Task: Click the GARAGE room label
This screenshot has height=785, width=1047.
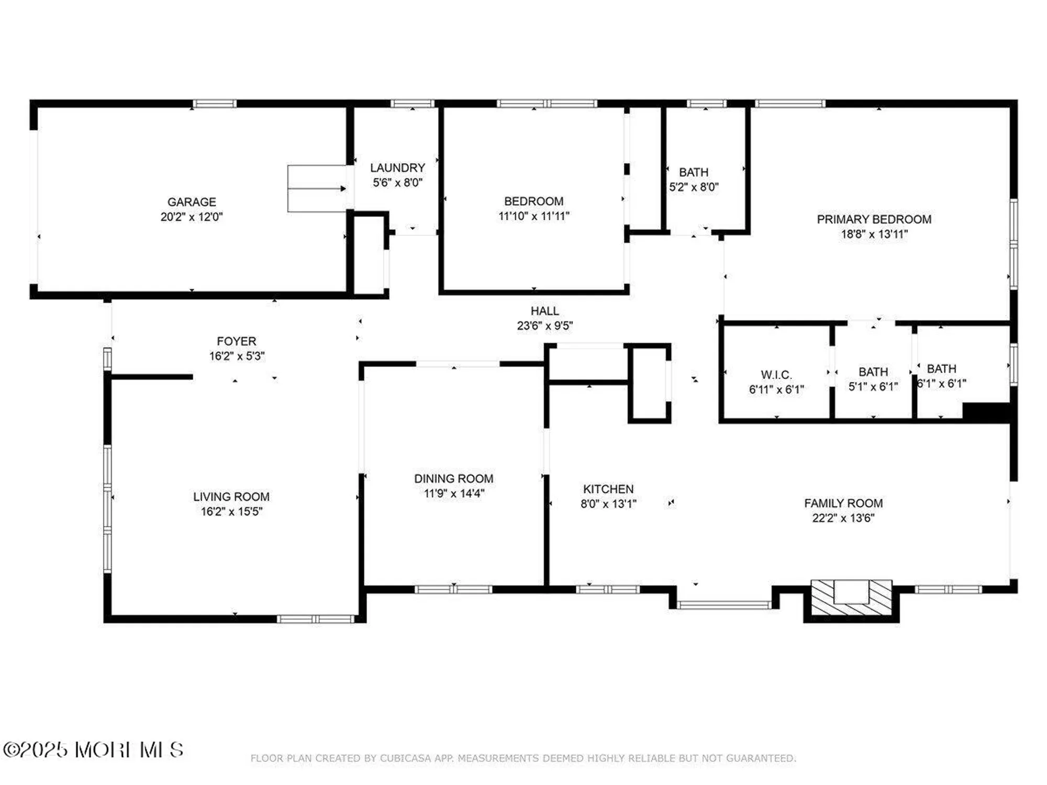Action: [x=192, y=202]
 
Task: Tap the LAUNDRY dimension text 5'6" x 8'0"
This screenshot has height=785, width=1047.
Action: [x=397, y=183]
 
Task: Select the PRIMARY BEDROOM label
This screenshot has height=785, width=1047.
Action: [x=874, y=219]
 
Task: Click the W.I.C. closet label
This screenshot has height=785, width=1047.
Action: [x=776, y=375]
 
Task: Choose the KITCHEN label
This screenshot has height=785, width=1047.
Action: [x=608, y=489]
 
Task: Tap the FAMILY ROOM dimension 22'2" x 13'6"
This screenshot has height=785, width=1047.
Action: [x=843, y=518]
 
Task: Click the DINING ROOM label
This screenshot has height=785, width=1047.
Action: [x=453, y=478]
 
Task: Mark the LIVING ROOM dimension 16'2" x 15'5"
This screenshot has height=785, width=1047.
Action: [x=231, y=511]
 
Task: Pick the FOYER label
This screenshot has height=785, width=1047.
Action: [x=237, y=341]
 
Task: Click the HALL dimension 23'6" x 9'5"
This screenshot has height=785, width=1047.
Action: [x=544, y=326]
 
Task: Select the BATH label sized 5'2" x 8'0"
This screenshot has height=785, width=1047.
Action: [x=694, y=172]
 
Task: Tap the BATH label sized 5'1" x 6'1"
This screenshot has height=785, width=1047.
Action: [x=873, y=372]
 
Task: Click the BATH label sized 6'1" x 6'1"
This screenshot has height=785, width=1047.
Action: [x=941, y=369]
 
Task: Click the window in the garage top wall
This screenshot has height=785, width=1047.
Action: [x=214, y=104]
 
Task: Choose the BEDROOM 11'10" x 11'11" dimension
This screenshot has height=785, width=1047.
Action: [x=533, y=216]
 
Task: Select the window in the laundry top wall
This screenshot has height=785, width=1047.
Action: [x=413, y=104]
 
